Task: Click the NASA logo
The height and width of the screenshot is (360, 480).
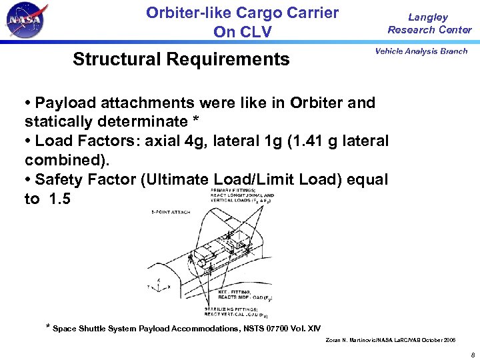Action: [x=27, y=21]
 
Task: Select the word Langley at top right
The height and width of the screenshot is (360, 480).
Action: [x=428, y=17]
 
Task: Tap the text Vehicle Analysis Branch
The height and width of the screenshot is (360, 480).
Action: [x=421, y=51]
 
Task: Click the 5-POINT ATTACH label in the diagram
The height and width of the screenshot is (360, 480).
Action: [x=171, y=212]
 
